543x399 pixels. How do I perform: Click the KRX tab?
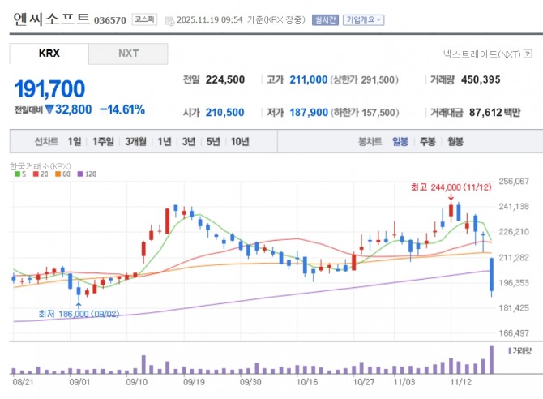[49, 54]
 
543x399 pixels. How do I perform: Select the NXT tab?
[128, 54]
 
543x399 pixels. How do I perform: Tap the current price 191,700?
[49, 88]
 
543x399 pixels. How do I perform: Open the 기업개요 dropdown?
[363, 19]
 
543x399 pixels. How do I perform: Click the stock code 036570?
[110, 19]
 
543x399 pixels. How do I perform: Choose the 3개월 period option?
[135, 141]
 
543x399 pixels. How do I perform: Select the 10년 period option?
[239, 141]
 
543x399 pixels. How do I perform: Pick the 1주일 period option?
[103, 141]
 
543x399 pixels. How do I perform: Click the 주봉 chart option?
[427, 141]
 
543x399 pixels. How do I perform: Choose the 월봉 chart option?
[455, 141]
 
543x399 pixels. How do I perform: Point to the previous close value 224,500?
[225, 80]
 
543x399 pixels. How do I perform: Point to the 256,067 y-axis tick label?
[515, 181]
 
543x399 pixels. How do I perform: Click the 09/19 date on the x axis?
[194, 379]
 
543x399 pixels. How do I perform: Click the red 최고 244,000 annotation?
[451, 187]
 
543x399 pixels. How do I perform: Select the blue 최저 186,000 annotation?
[79, 313]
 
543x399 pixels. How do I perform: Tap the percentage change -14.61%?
[123, 109]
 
